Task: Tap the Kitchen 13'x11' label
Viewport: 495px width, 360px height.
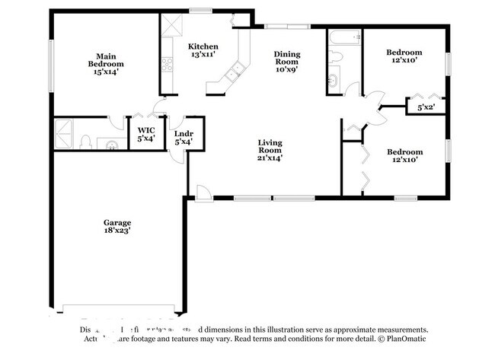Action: click(x=203, y=50)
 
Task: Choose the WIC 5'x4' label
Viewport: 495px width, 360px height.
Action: click(x=145, y=132)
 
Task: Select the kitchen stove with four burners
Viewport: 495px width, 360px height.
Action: click(x=167, y=65)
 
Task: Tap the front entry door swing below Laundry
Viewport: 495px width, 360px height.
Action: click(x=202, y=192)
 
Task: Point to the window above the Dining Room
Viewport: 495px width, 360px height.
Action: click(x=287, y=27)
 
